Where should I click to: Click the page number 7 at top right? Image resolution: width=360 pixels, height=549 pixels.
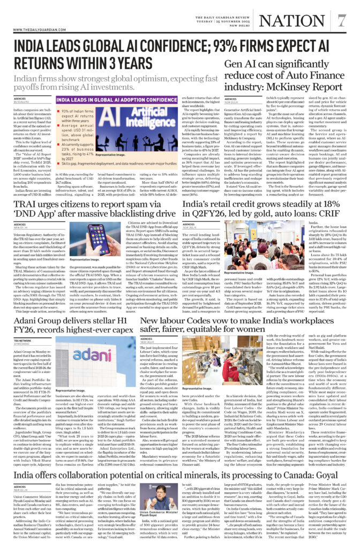[x=341, y=20]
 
